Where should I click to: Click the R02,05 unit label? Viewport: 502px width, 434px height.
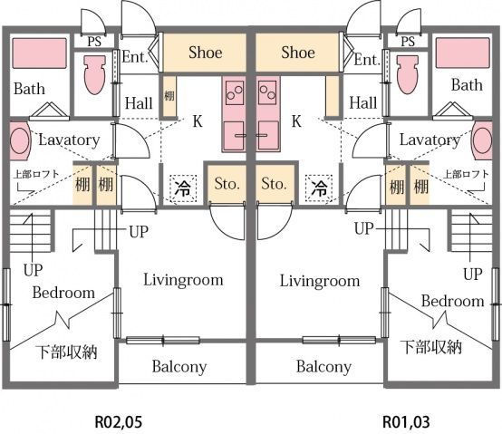click(x=119, y=422)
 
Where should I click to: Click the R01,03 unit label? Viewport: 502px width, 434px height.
click(x=406, y=422)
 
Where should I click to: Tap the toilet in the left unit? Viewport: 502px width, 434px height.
click(x=95, y=75)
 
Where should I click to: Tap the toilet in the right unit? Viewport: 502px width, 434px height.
click(x=408, y=75)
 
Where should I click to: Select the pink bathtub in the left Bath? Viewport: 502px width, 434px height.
click(x=40, y=53)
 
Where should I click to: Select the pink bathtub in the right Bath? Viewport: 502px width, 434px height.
click(x=463, y=53)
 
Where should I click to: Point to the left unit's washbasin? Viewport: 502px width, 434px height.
click(x=20, y=140)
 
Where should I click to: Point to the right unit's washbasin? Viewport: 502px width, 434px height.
click(x=482, y=140)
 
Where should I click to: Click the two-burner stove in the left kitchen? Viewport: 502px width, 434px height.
click(x=235, y=92)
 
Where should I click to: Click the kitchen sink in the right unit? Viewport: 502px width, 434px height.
click(x=268, y=136)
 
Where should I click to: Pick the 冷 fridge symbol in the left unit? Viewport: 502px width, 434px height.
click(x=183, y=188)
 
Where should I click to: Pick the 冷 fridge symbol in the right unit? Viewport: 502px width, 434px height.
click(x=319, y=188)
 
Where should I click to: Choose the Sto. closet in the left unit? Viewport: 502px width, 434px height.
click(x=227, y=184)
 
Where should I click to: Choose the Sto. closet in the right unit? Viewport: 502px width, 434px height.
click(x=275, y=184)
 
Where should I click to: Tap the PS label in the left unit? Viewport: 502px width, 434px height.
click(x=94, y=42)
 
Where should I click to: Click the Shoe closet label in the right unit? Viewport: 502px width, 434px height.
click(x=298, y=53)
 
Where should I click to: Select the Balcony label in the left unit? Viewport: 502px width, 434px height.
click(x=179, y=367)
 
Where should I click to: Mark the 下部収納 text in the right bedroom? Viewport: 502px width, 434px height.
click(x=431, y=347)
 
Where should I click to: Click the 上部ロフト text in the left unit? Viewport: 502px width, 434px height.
click(x=36, y=175)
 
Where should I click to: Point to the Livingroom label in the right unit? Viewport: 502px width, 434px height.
click(x=320, y=281)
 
